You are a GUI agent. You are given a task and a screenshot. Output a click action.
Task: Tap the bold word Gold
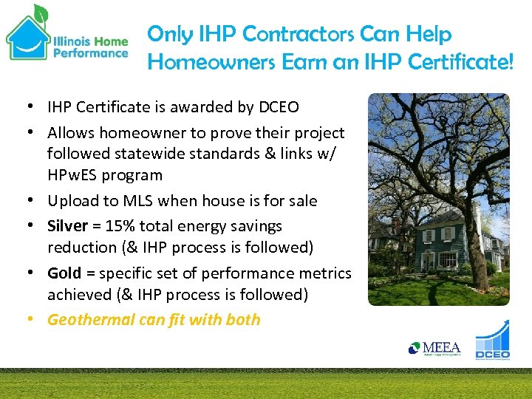64,273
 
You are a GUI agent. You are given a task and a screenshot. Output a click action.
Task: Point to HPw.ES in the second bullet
68,176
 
